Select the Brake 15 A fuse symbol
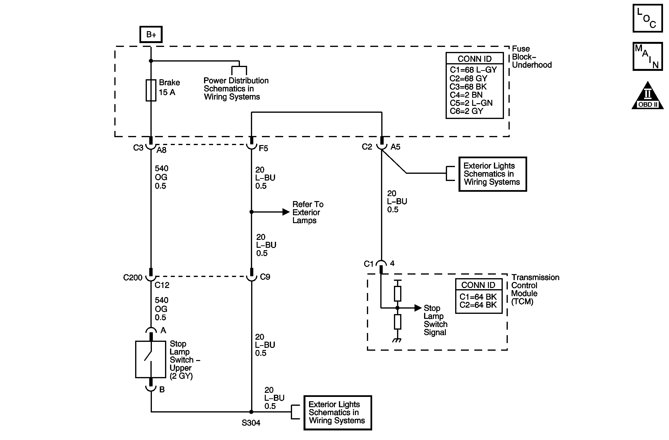[151, 90]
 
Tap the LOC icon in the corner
[647, 18]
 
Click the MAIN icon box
[647, 56]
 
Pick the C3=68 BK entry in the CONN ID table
[468, 87]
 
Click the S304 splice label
[251, 423]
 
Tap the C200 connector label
[133, 278]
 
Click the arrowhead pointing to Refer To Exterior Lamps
[286, 212]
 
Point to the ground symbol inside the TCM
[397, 340]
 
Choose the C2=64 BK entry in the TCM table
[478, 305]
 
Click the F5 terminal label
[263, 148]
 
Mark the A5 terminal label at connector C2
[395, 147]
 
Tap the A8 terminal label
[161, 150]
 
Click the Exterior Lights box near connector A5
[492, 174]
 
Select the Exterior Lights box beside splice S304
[337, 413]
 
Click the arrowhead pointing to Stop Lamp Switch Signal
[418, 308]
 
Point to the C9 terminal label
[265, 277]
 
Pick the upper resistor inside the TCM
[397, 294]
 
